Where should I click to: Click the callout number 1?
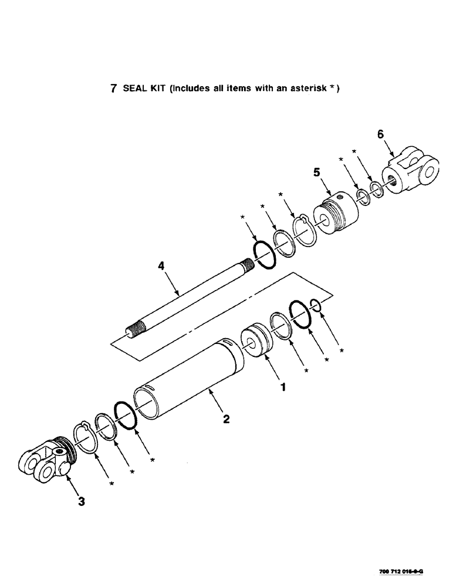click(x=283, y=387)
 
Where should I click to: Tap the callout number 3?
click(x=82, y=501)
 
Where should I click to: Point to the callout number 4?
click(x=163, y=266)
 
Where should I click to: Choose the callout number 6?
click(x=380, y=135)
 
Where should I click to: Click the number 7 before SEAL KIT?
click(x=113, y=89)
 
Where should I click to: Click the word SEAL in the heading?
click(x=134, y=89)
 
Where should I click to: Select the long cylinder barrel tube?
click(x=188, y=379)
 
